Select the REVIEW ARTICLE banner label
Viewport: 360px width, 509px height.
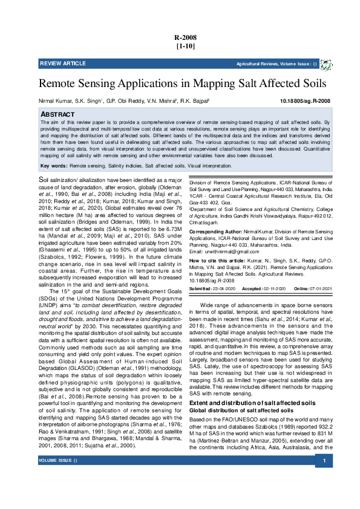[x=63, y=63]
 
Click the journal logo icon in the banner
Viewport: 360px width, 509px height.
[x=326, y=64]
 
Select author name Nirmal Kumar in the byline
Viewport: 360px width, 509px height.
[x=55, y=102]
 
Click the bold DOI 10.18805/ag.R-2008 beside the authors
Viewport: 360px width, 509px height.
[x=306, y=102]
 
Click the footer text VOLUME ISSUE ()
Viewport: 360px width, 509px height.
[x=59, y=495]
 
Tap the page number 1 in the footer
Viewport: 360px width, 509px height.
[x=324, y=495]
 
